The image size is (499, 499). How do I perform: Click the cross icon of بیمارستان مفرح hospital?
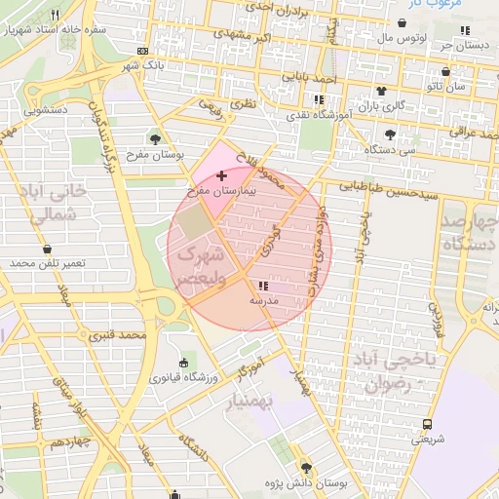[x=223, y=175]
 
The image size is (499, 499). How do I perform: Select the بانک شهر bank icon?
[x=143, y=51]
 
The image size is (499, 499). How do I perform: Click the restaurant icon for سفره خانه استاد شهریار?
[x=54, y=15]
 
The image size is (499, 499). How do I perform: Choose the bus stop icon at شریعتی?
[x=427, y=424]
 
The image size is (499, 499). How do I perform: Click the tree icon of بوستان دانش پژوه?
[x=307, y=468]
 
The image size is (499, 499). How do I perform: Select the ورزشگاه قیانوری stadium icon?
[x=185, y=363]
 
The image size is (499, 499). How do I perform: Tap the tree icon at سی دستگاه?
[x=391, y=134]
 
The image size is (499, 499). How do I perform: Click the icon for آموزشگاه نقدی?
[x=318, y=99]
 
